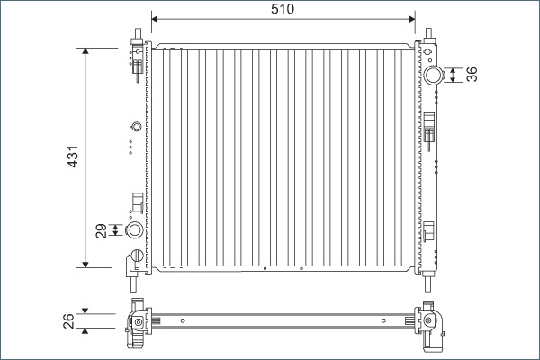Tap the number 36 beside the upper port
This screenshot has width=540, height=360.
coord(471,75)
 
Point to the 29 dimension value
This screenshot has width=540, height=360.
coord(102,230)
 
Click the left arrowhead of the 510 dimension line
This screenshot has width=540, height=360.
coord(156,17)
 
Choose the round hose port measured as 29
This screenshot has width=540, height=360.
coord(135,230)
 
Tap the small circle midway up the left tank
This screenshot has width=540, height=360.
coord(136,127)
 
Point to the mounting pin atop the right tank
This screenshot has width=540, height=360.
coord(429,36)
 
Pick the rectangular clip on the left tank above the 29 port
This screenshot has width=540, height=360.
coord(137,202)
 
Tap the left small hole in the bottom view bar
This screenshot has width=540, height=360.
coord(182,319)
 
